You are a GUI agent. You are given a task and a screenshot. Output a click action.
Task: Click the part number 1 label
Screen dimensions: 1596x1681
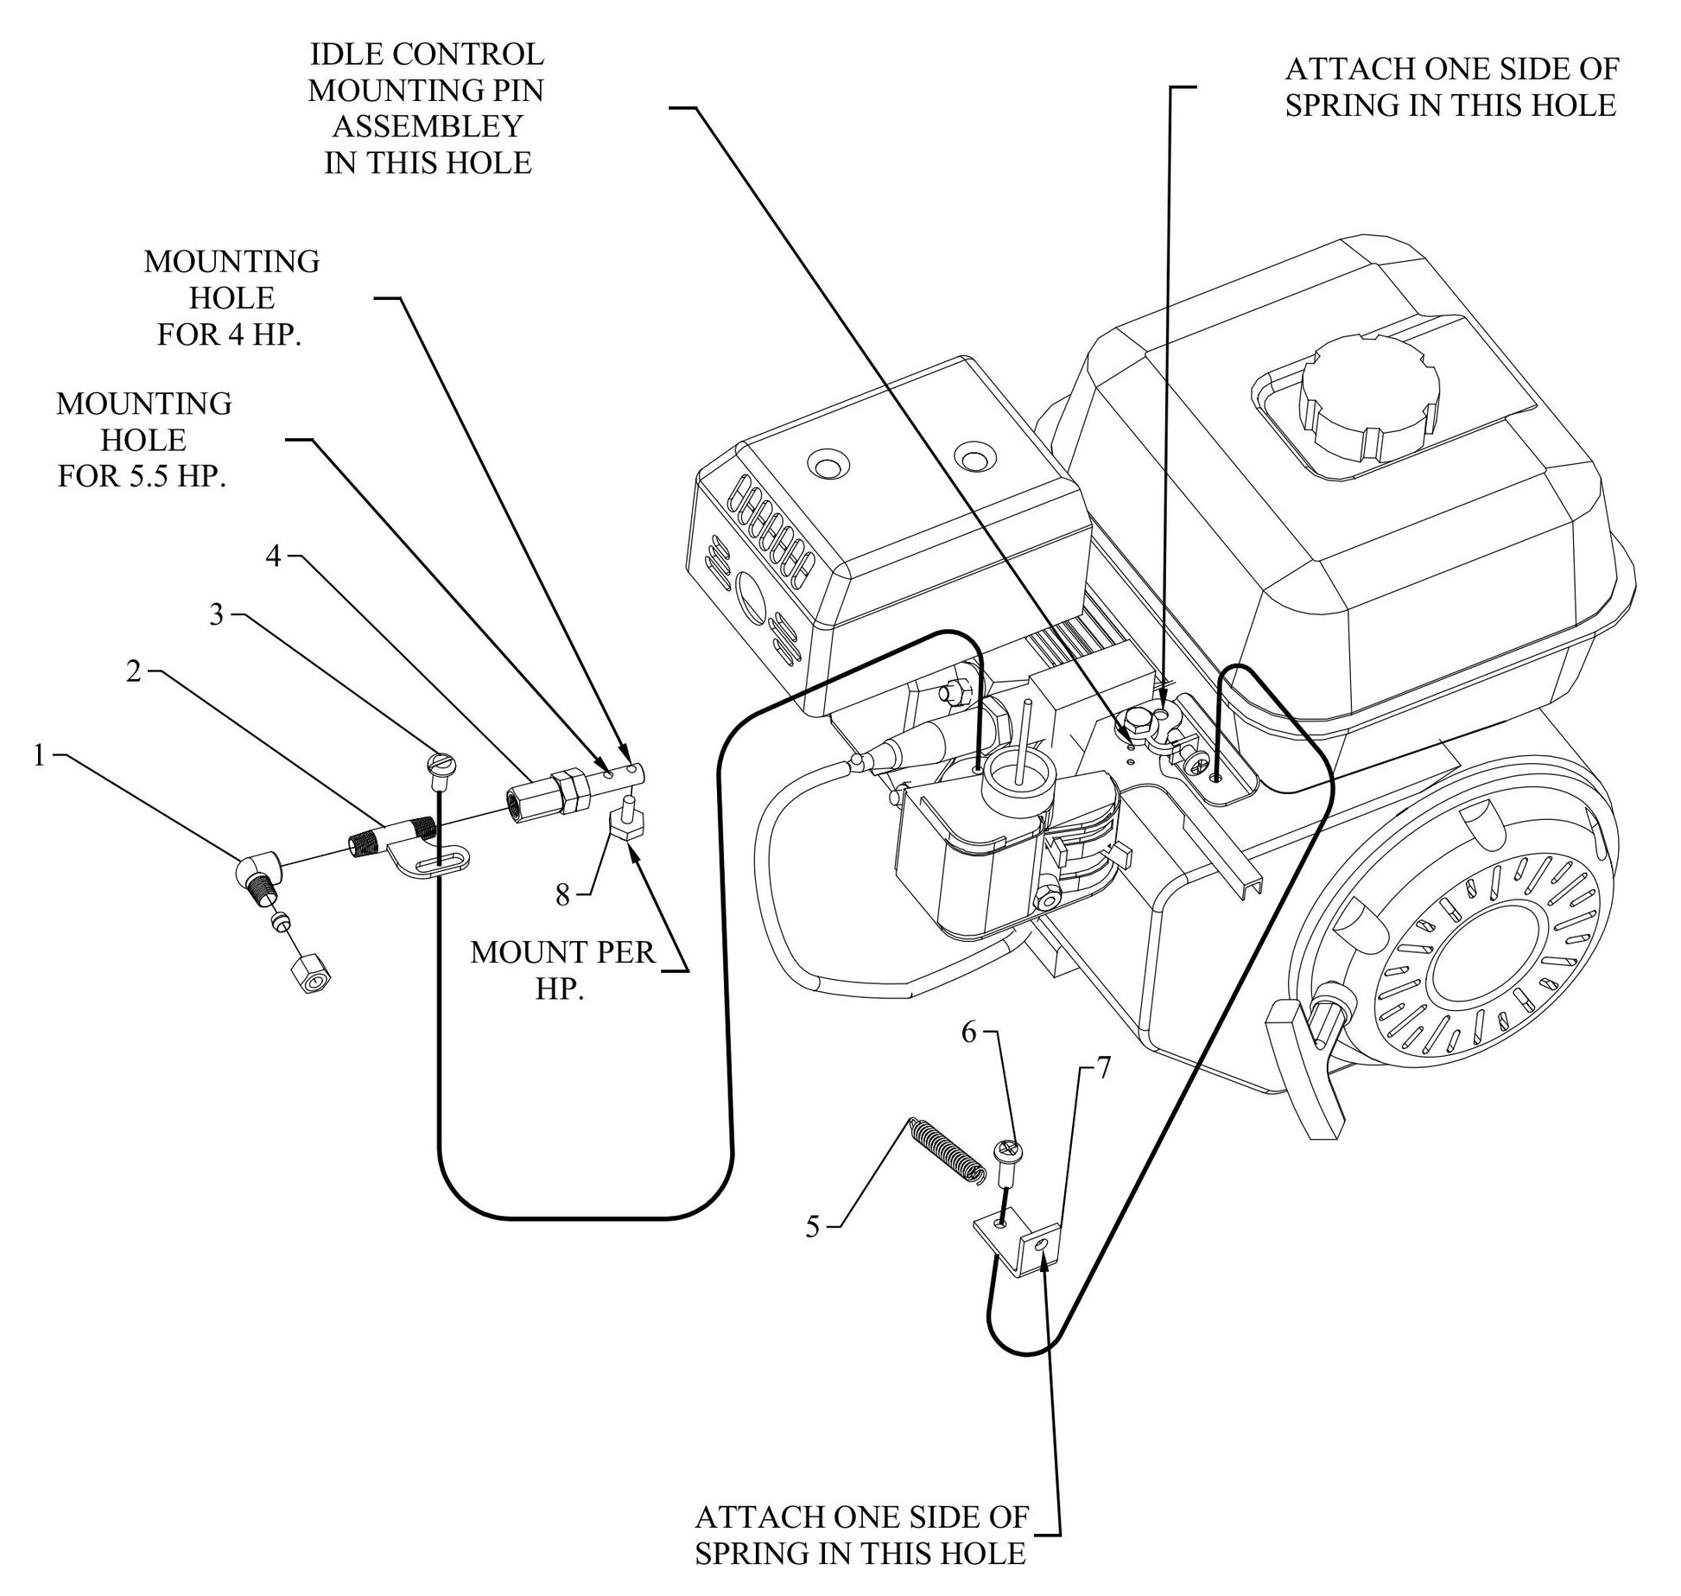coord(38,756)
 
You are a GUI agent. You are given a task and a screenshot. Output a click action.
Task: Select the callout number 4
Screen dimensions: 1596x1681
coord(273,557)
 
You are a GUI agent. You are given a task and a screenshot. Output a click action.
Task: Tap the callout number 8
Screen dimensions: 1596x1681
coord(562,895)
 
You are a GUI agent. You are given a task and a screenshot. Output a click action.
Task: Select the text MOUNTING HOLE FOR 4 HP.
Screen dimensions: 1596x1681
coord(231,298)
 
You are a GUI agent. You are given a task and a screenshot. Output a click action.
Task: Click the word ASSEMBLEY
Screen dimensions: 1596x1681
coord(428,126)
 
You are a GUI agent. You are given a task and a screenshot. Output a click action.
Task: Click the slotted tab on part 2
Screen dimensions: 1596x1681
coord(441,863)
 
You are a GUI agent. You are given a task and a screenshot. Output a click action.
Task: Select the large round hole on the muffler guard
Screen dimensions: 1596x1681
coord(748,597)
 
